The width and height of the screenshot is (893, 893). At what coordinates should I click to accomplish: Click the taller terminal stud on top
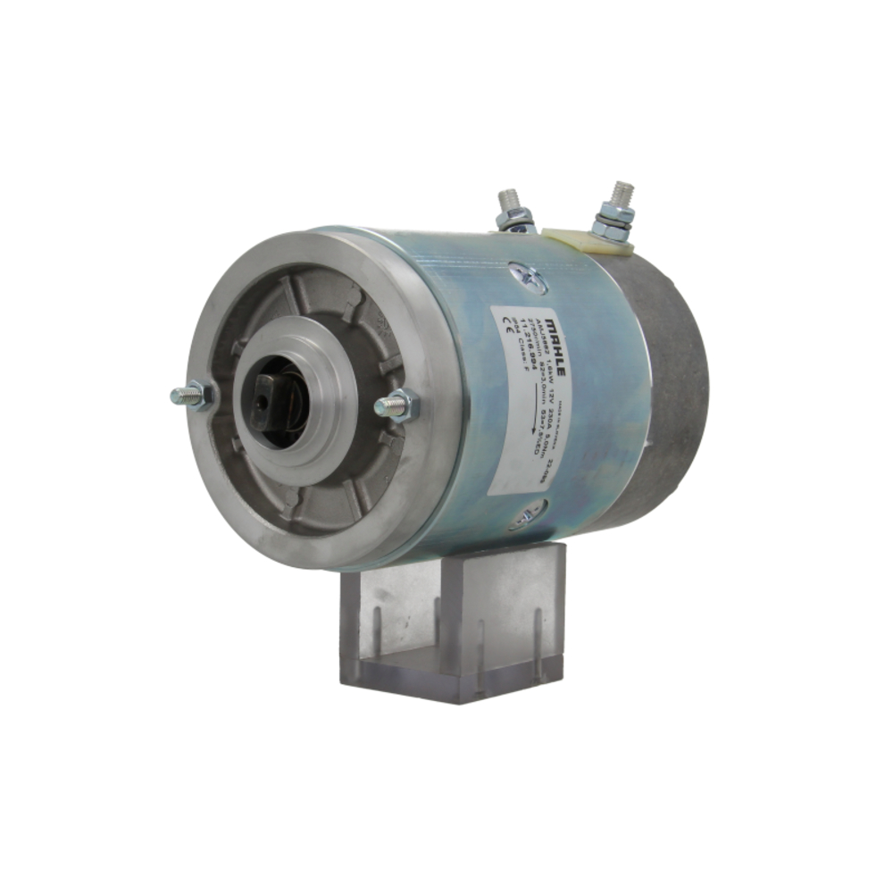coord(619,196)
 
